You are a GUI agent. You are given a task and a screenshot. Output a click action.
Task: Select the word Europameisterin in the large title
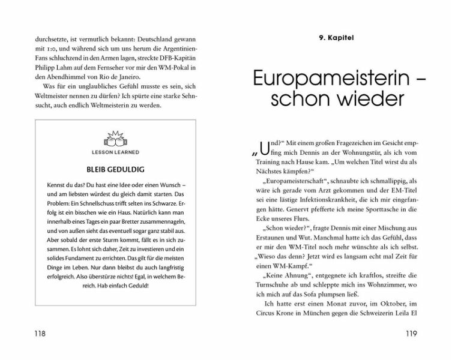pos(322,81)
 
